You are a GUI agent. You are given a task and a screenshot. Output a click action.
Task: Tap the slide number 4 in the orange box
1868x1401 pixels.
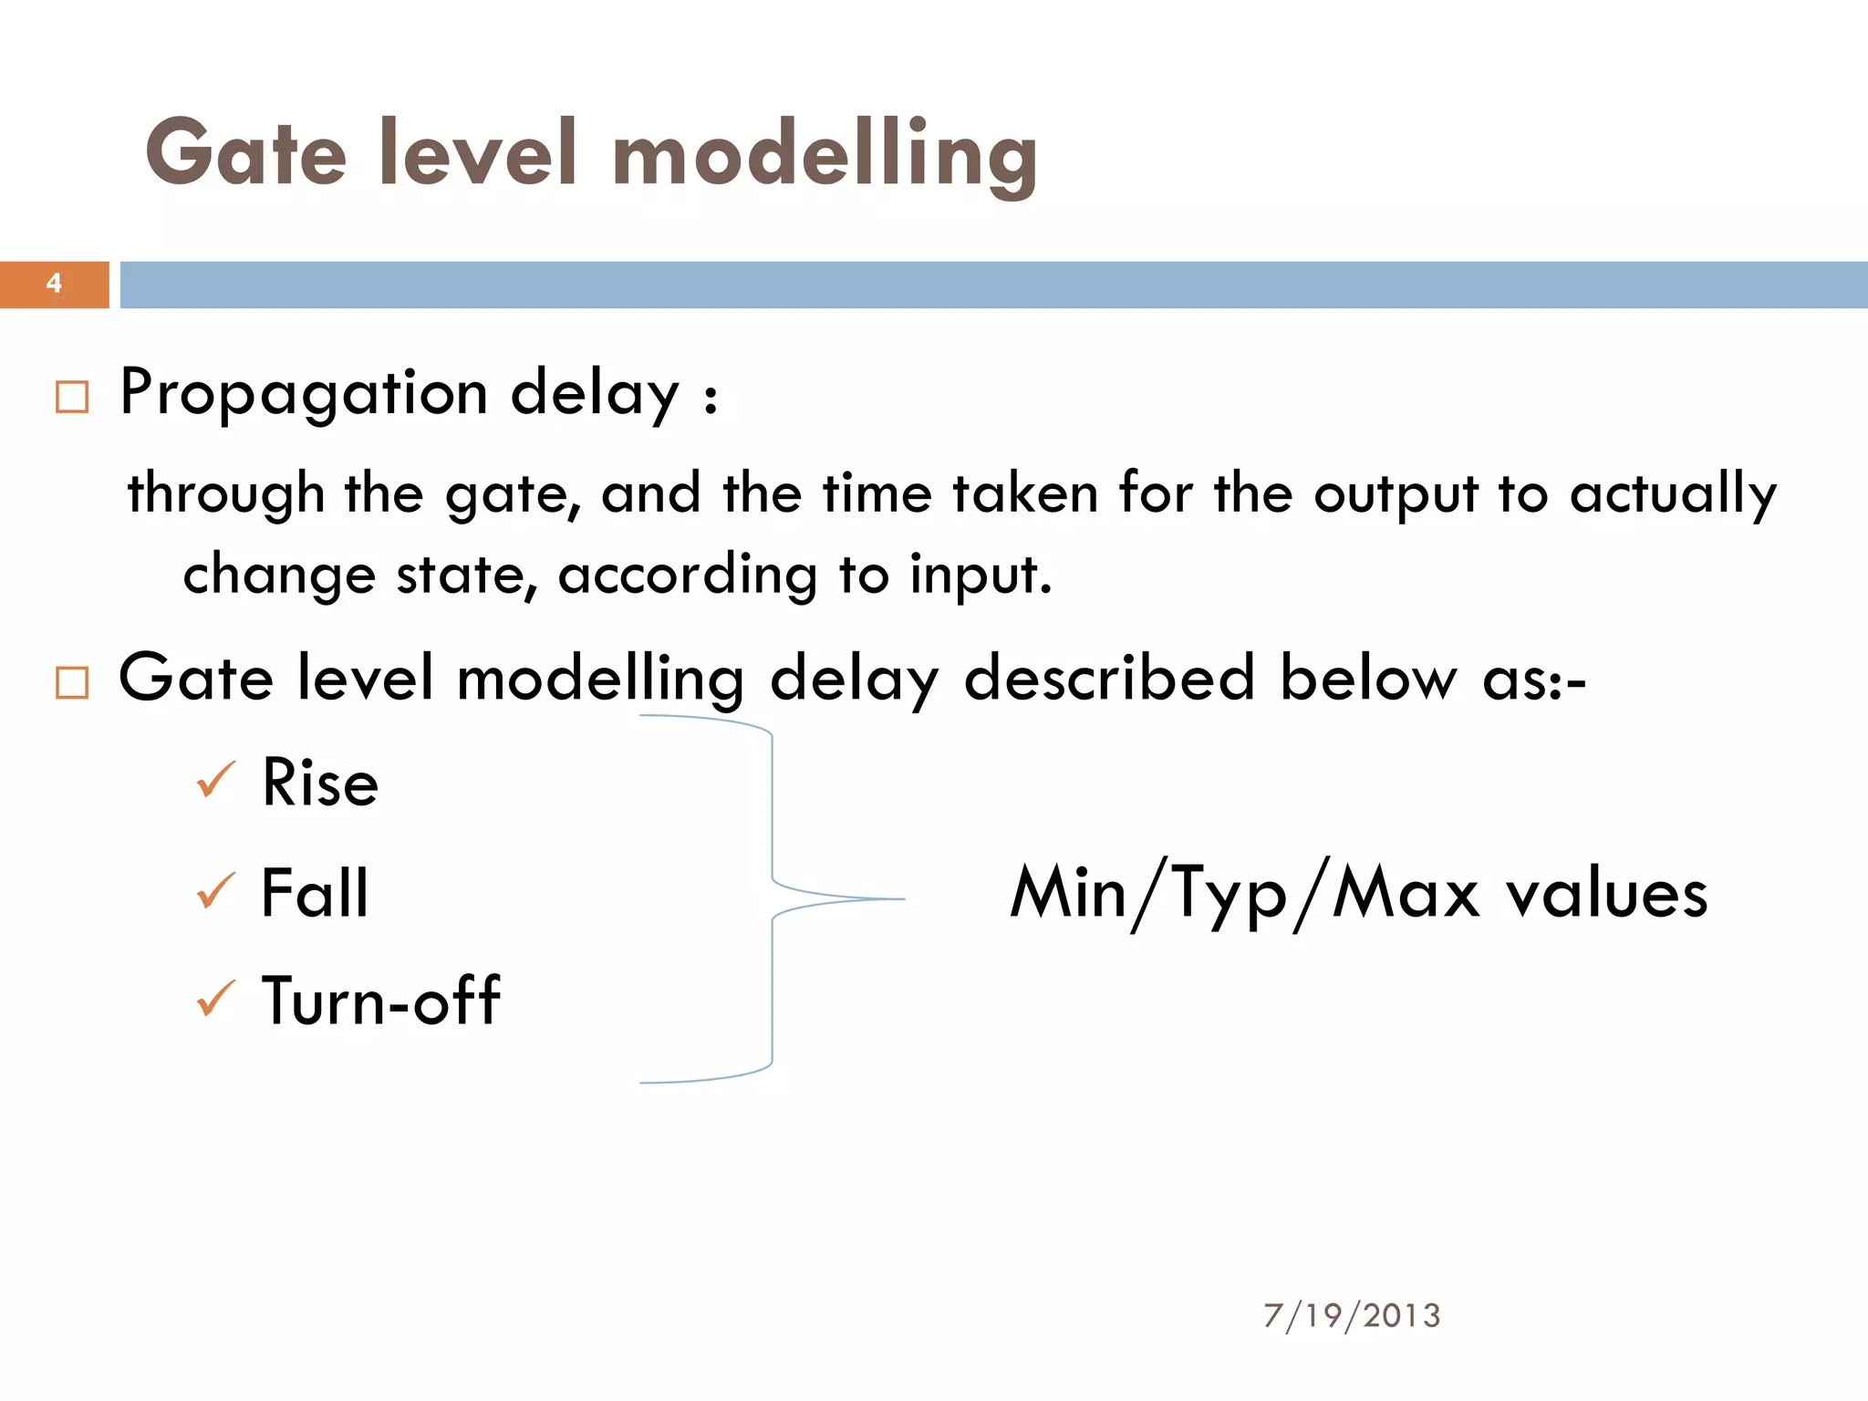click(54, 284)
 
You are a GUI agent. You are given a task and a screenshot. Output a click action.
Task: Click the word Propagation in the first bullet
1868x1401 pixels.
click(304, 394)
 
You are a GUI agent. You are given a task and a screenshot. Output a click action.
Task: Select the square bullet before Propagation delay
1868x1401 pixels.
click(72, 397)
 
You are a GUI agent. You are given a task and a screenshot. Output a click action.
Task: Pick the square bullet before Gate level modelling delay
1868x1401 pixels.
click(72, 682)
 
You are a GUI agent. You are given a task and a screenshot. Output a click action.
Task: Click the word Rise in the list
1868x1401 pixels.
click(319, 783)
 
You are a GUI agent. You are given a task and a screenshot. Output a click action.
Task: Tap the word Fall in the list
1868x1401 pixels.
click(315, 892)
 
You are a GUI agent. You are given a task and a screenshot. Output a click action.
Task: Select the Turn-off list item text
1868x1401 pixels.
click(380, 1001)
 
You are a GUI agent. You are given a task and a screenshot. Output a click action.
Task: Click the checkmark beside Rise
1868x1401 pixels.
click(216, 781)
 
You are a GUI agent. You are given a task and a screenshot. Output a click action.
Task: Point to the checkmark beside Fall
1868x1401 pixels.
click(216, 890)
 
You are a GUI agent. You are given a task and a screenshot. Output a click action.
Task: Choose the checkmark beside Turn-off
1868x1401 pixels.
click(216, 999)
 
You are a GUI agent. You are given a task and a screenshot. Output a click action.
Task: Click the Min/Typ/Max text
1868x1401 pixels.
click(1245, 893)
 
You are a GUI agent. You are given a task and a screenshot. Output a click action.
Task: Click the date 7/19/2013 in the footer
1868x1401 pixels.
click(1352, 1315)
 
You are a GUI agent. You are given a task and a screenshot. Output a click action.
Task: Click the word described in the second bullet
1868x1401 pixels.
click(1109, 679)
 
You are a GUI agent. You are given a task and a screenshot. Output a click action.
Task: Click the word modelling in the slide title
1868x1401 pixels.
click(825, 155)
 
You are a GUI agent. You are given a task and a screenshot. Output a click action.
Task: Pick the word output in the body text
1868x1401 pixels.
click(1396, 494)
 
